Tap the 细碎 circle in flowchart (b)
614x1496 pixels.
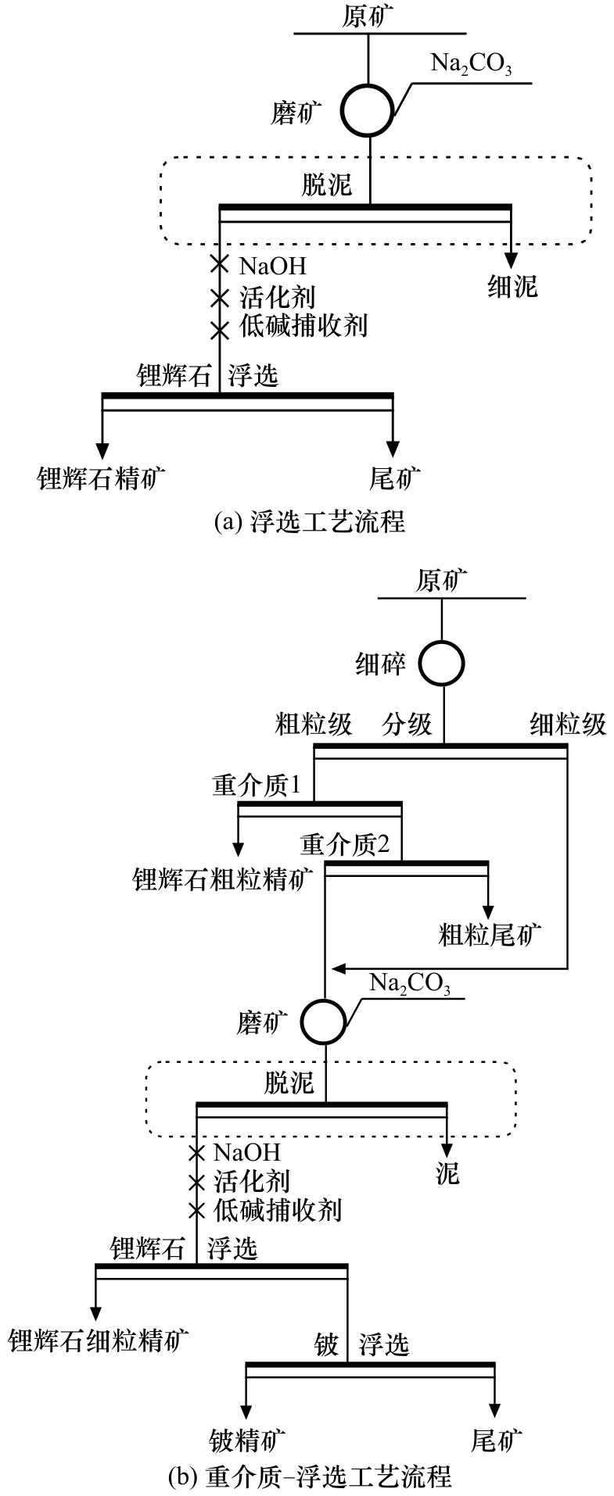point(442,664)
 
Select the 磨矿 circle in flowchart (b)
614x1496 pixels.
point(325,1021)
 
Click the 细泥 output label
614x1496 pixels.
point(512,287)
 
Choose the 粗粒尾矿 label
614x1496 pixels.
point(490,935)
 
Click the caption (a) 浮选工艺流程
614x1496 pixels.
point(310,521)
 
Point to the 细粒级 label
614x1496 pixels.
point(568,725)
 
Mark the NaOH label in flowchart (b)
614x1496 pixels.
point(246,1152)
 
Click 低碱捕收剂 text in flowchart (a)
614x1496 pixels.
point(303,325)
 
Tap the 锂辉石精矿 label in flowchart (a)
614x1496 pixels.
point(102,478)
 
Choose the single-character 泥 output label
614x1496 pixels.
point(447,1174)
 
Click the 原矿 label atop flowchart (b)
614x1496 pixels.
point(442,581)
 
